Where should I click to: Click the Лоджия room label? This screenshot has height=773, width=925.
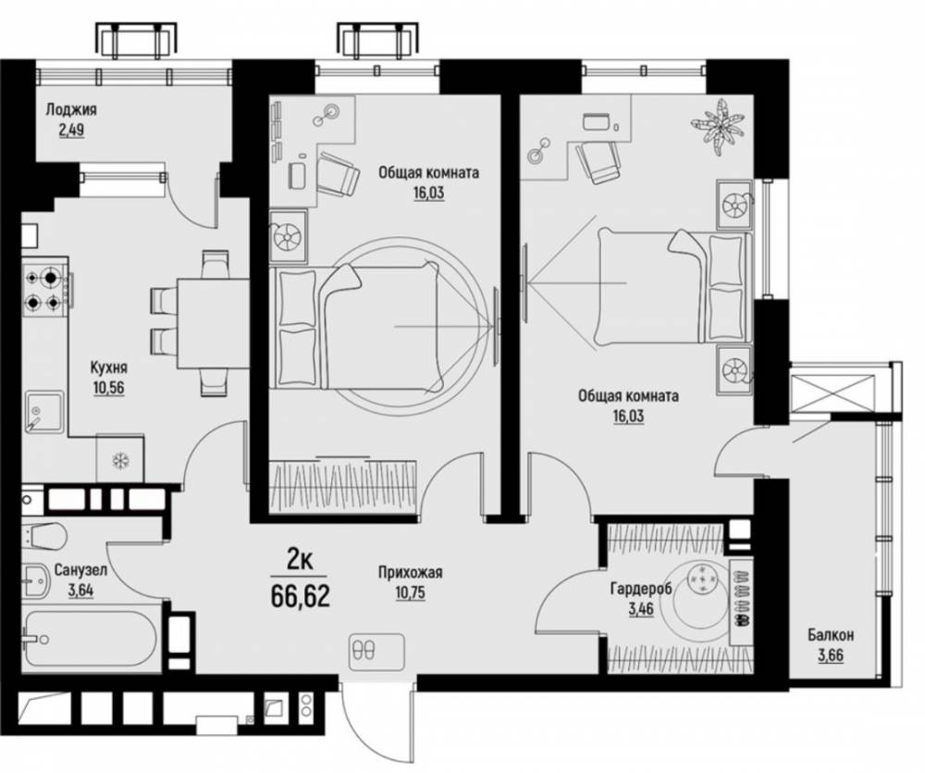(x=71, y=110)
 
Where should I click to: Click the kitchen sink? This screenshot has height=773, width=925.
(x=44, y=412)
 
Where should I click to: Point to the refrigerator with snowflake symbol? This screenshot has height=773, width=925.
(x=120, y=459)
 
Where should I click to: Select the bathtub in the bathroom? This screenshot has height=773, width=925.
(x=91, y=638)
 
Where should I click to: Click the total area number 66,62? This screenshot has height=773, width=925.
(x=301, y=597)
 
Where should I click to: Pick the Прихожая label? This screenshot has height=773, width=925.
(x=410, y=572)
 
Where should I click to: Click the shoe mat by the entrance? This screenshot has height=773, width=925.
(x=377, y=652)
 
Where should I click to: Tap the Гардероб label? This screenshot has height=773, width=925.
(x=641, y=589)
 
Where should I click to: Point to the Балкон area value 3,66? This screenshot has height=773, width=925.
(x=831, y=655)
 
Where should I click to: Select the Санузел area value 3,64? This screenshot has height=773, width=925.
(x=80, y=591)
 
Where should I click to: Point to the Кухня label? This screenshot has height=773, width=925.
(x=108, y=368)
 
